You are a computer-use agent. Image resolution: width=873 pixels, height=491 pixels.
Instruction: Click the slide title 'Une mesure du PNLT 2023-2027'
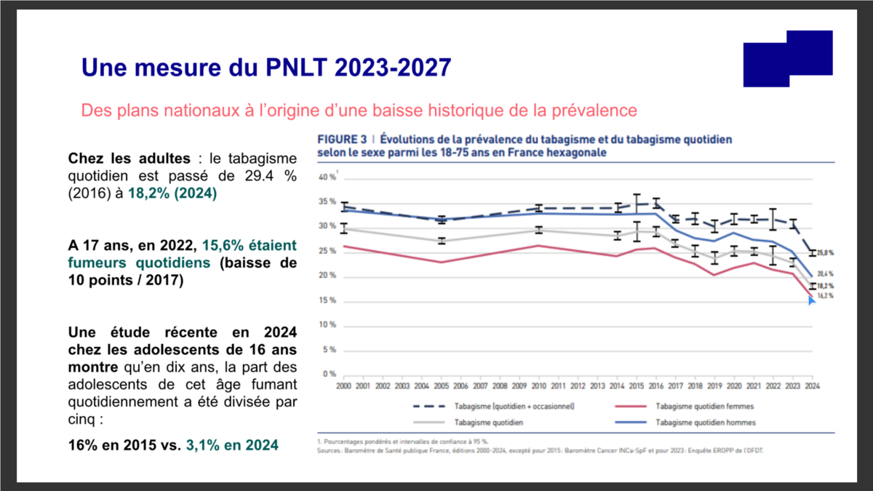(266, 68)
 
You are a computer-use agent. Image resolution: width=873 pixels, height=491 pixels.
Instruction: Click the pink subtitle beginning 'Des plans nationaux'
(359, 111)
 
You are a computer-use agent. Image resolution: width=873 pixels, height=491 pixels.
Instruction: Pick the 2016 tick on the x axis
(655, 386)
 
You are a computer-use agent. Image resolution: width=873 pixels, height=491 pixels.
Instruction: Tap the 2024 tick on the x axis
(812, 386)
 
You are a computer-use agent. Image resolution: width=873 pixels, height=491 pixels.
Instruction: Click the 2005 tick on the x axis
(441, 386)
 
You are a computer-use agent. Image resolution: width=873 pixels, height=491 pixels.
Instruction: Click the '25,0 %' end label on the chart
(825, 253)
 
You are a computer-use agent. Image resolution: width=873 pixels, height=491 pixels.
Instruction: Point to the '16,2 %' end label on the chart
(824, 296)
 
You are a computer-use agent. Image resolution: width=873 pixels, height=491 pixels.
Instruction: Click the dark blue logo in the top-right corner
(788, 58)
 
